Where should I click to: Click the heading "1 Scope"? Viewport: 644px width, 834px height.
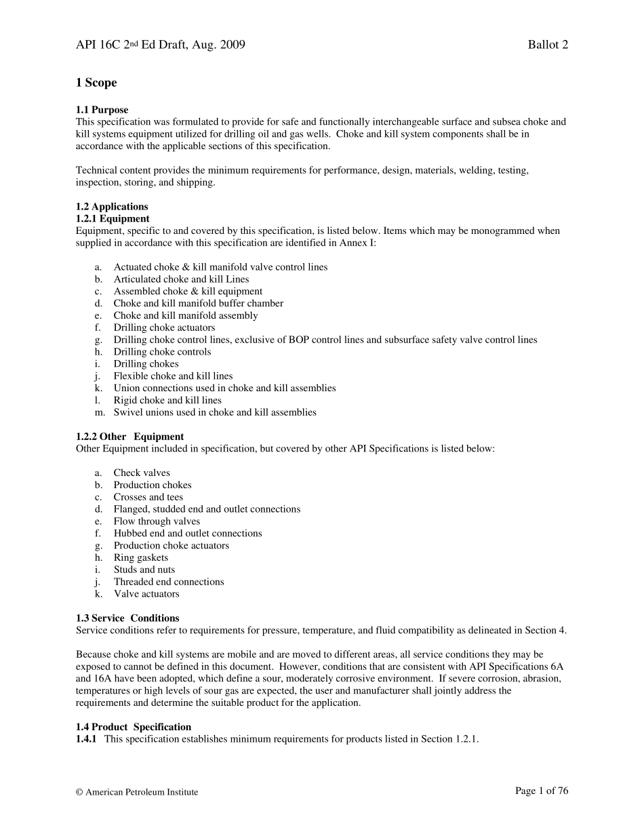96,83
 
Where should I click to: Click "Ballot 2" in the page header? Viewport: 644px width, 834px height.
548,45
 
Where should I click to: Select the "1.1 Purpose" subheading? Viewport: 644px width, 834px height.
102,110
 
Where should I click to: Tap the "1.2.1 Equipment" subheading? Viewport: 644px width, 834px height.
113,218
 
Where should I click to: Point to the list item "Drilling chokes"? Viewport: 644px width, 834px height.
146,364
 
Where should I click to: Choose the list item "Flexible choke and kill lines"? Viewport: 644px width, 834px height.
173,376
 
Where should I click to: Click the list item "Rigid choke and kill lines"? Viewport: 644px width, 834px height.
167,400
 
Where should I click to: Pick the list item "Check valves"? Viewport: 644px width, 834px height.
142,473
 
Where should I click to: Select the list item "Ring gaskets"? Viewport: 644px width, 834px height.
141,557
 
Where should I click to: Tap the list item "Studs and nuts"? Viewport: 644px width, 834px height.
144,570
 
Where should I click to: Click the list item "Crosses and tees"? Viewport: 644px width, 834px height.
148,497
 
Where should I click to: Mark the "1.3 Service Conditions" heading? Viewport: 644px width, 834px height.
127,618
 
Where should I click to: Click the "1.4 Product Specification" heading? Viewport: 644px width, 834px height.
134,727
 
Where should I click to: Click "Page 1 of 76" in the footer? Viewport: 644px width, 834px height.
542,791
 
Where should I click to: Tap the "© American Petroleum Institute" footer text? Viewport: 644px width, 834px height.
137,792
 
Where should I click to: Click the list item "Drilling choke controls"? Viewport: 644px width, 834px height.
162,352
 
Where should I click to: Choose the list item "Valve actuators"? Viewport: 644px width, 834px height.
146,594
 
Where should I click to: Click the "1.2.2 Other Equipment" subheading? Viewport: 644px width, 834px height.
129,437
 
